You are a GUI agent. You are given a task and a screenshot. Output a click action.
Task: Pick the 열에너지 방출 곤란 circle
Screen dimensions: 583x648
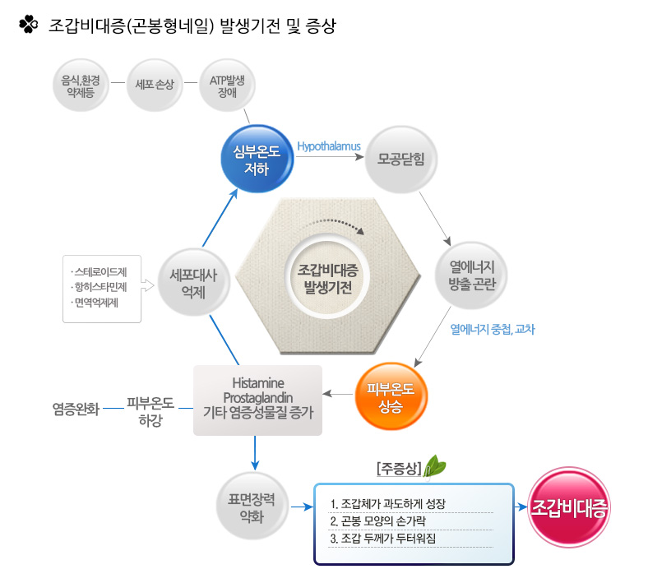(x=470, y=275)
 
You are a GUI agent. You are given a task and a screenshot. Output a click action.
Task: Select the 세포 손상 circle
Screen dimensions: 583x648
(x=155, y=84)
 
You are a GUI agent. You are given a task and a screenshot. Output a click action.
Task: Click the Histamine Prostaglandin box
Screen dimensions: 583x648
(x=257, y=400)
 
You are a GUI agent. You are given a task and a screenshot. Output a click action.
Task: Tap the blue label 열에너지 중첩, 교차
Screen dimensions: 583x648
(x=493, y=329)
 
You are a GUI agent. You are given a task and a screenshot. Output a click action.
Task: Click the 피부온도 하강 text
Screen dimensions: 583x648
(x=150, y=412)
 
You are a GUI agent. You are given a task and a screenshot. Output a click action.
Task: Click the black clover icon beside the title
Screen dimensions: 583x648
(x=28, y=25)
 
